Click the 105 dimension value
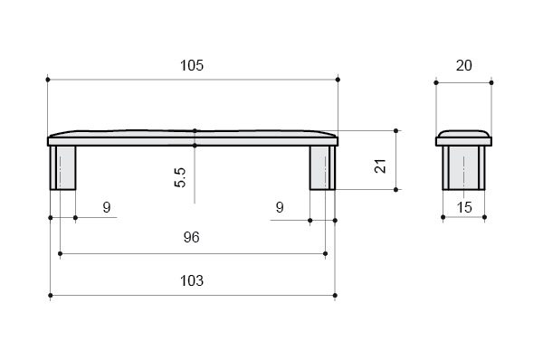(192, 65)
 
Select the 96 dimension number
(192, 237)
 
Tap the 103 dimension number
(192, 280)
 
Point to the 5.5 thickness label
(180, 177)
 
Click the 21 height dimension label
(380, 166)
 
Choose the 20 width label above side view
(463, 65)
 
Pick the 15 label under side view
(464, 207)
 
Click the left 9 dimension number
(107, 207)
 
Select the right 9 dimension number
(280, 207)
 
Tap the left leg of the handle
(62, 168)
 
